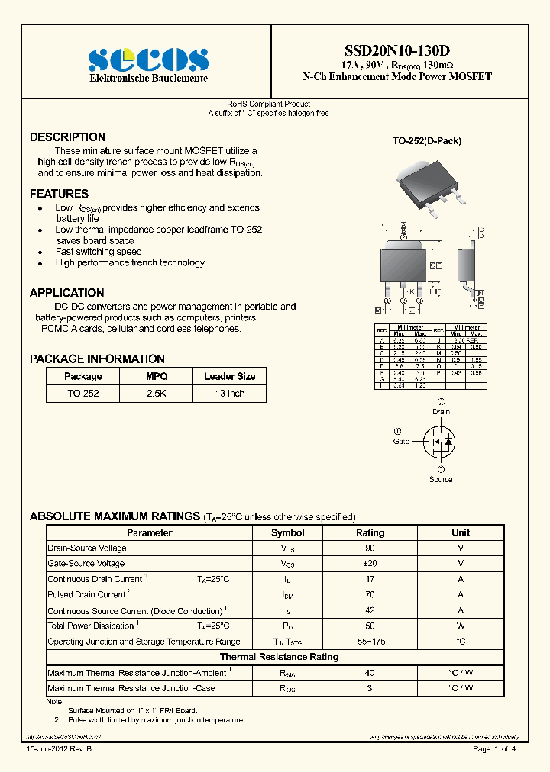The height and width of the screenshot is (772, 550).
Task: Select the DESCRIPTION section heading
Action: [67, 137]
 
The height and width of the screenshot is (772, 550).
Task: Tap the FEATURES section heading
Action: [59, 194]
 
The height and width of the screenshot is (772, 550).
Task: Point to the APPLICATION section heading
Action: [66, 293]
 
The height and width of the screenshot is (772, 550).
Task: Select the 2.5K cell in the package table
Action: [157, 394]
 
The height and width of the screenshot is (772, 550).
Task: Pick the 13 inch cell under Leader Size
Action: [229, 394]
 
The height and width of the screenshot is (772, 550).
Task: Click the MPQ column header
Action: [157, 376]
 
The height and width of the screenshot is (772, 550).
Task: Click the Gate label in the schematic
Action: [401, 442]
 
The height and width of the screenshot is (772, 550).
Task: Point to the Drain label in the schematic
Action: [441, 411]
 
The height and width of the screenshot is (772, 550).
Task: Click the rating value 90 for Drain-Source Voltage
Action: [370, 548]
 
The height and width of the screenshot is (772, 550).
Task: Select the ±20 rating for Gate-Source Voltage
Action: [370, 564]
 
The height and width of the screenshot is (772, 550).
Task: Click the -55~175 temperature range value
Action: [370, 642]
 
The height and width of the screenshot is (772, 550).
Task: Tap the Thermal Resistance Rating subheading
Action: [279, 657]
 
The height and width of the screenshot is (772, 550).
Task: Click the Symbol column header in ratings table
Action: [287, 533]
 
